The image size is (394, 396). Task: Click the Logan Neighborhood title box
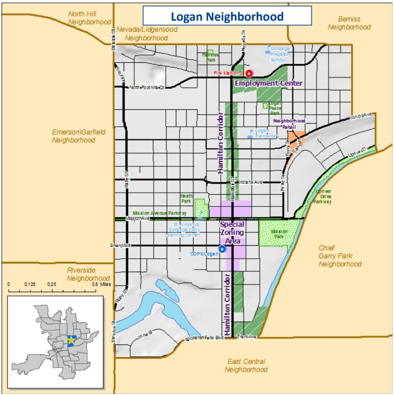[x=227, y=16]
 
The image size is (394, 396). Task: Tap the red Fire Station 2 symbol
[x=250, y=73]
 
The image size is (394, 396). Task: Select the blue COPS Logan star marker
[x=222, y=249]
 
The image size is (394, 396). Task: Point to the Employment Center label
[x=268, y=83]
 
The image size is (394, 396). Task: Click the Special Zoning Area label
[x=232, y=232]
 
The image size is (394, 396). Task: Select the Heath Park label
[x=187, y=198]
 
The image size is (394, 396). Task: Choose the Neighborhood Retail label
[x=289, y=123]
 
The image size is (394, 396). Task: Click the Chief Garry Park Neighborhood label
[x=340, y=256]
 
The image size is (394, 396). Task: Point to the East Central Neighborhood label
[x=246, y=365]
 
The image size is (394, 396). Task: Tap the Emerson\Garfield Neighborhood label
[x=79, y=136]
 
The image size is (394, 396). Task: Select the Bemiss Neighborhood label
[x=349, y=23]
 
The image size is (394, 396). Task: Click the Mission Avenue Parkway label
[x=160, y=213]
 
